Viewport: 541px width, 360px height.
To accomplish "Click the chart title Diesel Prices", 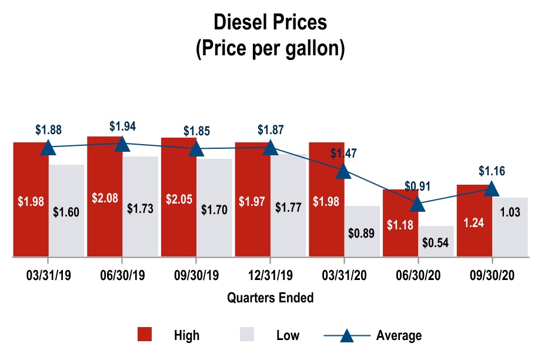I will [270, 22].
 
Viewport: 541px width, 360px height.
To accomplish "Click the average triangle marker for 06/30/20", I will [418, 204].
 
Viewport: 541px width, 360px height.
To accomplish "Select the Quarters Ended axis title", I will [270, 298].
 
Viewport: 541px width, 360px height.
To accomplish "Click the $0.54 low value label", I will [436, 242].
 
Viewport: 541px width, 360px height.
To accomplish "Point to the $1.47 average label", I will [343, 154].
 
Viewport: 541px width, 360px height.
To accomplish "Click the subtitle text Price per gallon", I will [270, 49].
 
